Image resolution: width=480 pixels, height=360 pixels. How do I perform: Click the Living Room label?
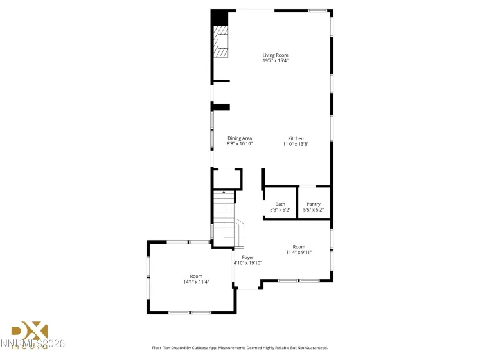(x=275, y=55)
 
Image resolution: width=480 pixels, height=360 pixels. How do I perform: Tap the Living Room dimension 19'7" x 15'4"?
(x=275, y=60)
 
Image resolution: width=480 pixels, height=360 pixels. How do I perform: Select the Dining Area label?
(x=240, y=138)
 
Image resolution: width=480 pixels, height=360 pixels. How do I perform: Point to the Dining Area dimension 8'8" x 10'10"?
(x=240, y=144)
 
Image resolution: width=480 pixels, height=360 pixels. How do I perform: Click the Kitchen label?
(x=296, y=138)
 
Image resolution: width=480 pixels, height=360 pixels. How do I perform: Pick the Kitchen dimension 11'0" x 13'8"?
(x=296, y=144)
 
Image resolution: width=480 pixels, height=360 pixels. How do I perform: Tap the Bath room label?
(x=280, y=204)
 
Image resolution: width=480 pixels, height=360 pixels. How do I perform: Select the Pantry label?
(x=314, y=204)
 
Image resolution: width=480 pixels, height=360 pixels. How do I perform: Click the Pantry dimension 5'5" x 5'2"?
(x=314, y=210)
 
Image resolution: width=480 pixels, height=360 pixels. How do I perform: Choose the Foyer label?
(x=247, y=257)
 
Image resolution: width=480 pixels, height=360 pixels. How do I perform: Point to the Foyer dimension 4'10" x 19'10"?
(x=247, y=263)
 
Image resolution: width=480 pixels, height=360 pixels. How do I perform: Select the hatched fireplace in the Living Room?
(x=221, y=42)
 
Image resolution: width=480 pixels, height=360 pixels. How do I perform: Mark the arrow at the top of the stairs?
(x=224, y=192)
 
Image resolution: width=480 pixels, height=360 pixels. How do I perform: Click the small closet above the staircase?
(x=227, y=178)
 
